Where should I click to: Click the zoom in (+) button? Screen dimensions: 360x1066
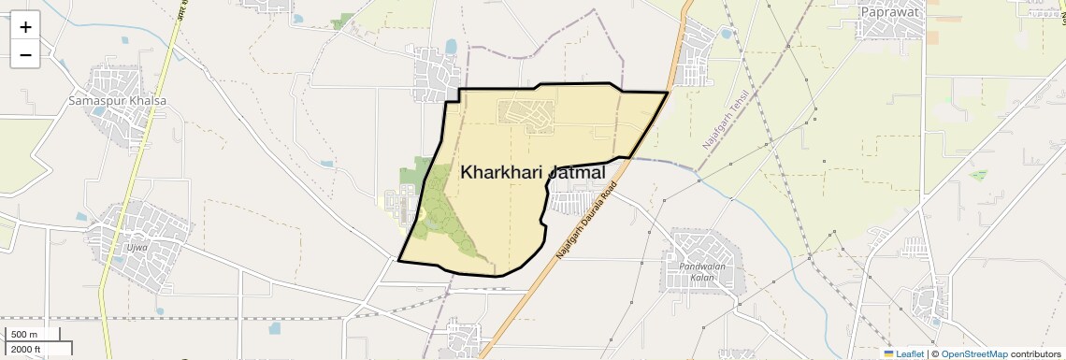pyautogui.click(x=25, y=27)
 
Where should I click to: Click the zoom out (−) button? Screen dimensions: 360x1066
pyautogui.click(x=25, y=55)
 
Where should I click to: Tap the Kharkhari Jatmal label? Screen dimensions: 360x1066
pyautogui.click(x=532, y=173)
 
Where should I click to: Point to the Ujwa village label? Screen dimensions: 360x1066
pyautogui.click(x=136, y=248)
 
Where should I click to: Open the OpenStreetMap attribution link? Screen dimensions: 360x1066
pyautogui.click(x=973, y=353)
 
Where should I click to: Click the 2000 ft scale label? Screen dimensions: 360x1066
pyautogui.click(x=25, y=349)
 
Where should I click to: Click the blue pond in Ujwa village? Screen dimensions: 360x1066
pyautogui.click(x=81, y=218)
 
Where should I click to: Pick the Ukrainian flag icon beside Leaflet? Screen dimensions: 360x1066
pyautogui.click(x=888, y=353)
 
